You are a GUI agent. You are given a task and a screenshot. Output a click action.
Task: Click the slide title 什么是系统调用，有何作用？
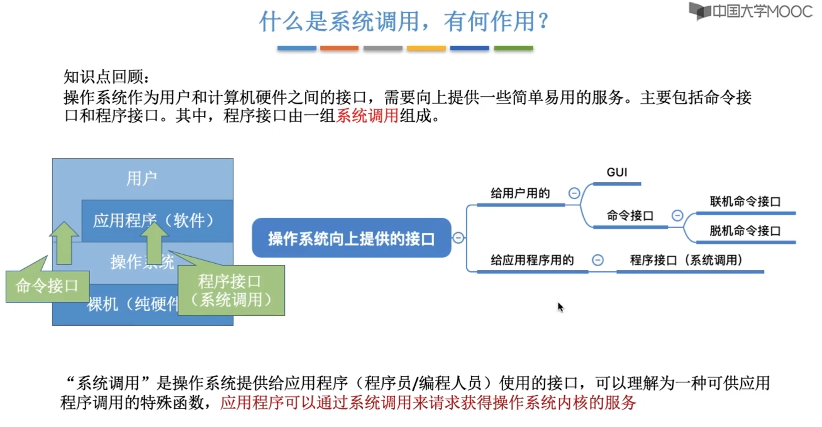pyautogui.click(x=404, y=22)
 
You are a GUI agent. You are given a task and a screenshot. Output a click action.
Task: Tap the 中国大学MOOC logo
pyautogui.click(x=750, y=12)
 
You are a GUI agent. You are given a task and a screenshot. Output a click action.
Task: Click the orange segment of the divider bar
pyautogui.click(x=339, y=48)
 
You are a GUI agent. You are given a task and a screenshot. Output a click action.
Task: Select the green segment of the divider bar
pyautogui.click(x=514, y=48)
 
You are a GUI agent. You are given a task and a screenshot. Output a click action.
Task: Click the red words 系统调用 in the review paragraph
pyautogui.click(x=367, y=115)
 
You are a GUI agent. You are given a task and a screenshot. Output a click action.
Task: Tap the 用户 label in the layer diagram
pyautogui.click(x=142, y=178)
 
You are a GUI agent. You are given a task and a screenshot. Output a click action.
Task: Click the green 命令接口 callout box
pyautogui.click(x=47, y=286)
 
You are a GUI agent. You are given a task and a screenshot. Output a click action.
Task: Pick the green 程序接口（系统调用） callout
pyautogui.click(x=231, y=290)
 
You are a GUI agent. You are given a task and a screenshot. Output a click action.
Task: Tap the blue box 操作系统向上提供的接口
pyautogui.click(x=351, y=238)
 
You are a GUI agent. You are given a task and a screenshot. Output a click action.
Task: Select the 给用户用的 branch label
pyautogui.click(x=520, y=193)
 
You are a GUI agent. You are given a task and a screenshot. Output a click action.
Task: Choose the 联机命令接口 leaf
pyautogui.click(x=745, y=201)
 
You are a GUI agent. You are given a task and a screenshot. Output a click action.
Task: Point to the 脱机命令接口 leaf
pyautogui.click(x=745, y=230)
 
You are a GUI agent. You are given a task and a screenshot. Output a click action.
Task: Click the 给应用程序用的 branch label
pyautogui.click(x=532, y=260)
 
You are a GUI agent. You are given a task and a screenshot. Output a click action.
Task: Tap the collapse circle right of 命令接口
pyautogui.click(x=677, y=215)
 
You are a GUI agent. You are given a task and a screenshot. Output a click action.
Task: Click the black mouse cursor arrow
pyautogui.click(x=560, y=307)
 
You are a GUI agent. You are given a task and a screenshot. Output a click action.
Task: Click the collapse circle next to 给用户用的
pyautogui.click(x=574, y=193)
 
